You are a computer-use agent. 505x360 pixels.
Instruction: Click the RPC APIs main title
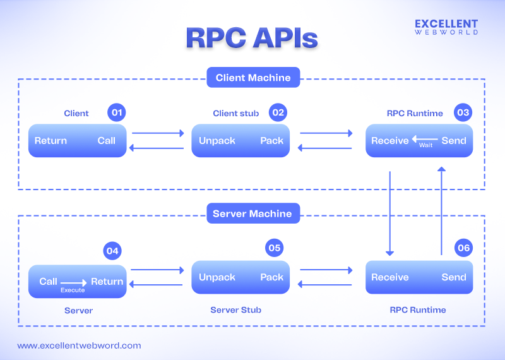pyautogui.click(x=252, y=38)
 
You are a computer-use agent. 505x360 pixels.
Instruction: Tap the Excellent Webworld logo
pyautogui.click(x=446, y=27)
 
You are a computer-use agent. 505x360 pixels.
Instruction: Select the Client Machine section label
pyautogui.click(x=253, y=78)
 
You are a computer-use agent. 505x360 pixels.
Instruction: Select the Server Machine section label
pyautogui.click(x=252, y=213)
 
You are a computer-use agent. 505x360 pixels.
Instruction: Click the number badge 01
pyautogui.click(x=116, y=112)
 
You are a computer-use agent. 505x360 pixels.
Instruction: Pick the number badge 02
pyautogui.click(x=277, y=112)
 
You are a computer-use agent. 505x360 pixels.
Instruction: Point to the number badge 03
pyautogui.click(x=463, y=112)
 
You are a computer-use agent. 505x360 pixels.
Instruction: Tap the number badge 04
pyautogui.click(x=112, y=251)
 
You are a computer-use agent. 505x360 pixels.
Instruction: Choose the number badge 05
pyautogui.click(x=274, y=248)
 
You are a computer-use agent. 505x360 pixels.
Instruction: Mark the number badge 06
pyautogui.click(x=463, y=248)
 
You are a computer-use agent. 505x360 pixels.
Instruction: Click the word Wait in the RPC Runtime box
pyautogui.click(x=426, y=145)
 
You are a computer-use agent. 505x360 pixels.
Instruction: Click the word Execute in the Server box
pyautogui.click(x=73, y=290)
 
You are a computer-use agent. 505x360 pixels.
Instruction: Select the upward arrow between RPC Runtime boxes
pyautogui.click(x=442, y=211)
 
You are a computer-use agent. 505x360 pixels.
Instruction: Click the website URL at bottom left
pyautogui.click(x=79, y=345)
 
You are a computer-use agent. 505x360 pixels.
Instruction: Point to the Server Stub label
pyautogui.click(x=235, y=310)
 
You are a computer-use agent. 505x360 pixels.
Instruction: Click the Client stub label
pyautogui.click(x=235, y=114)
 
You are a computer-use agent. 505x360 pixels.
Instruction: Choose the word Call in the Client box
pyautogui.click(x=107, y=140)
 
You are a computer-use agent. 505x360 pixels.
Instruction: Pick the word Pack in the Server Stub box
pyautogui.click(x=272, y=277)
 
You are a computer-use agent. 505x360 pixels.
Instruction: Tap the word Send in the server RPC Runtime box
pyautogui.click(x=454, y=277)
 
